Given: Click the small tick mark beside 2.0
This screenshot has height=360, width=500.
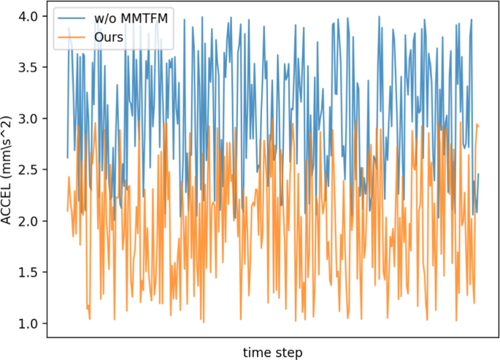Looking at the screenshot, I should click(x=45, y=221).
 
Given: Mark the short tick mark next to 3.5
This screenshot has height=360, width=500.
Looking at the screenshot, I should click(x=45, y=66).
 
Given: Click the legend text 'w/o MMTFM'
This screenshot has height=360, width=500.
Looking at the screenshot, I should click(x=127, y=18).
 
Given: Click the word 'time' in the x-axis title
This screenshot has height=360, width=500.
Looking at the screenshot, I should click(x=257, y=352).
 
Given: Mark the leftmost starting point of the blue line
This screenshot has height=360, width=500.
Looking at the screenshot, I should click(x=67, y=158).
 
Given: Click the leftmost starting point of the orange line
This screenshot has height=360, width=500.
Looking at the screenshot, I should click(x=67, y=211).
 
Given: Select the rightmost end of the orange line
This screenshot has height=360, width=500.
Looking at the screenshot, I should click(x=478, y=126).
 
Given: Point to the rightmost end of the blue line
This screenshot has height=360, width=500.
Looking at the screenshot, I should click(x=479, y=174).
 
